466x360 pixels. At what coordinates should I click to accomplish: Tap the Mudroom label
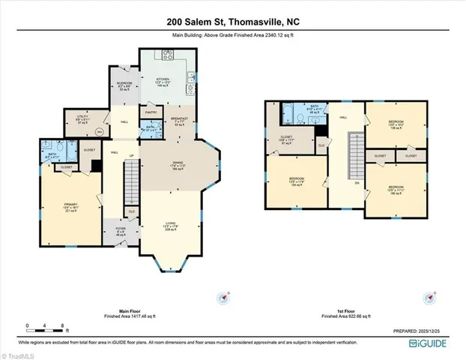click(x=124, y=85)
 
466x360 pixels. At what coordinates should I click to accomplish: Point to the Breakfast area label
click(x=178, y=121)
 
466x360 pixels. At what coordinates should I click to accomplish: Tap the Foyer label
click(x=121, y=231)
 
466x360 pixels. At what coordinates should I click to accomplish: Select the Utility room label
click(x=82, y=118)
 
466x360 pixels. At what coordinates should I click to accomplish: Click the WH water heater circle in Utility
click(x=100, y=132)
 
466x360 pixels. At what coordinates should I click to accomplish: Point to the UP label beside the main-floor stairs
click(x=132, y=156)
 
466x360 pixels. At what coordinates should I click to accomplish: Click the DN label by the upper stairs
click(x=357, y=182)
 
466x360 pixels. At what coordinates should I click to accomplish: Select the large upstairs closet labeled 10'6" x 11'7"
click(x=284, y=141)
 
